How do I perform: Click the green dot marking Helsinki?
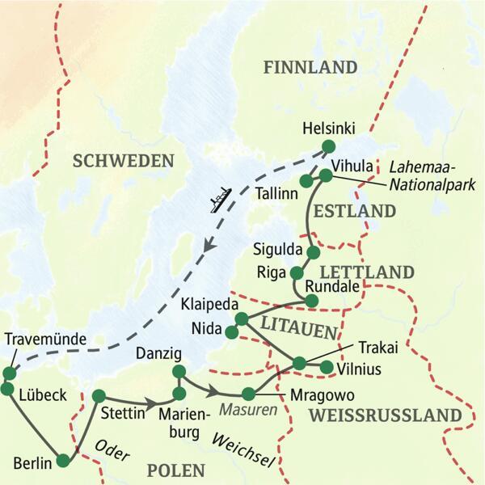[328, 146]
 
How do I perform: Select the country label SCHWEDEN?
[123, 161]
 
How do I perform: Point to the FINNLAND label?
[310, 68]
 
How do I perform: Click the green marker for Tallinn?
[306, 180]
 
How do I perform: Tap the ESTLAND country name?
[355, 212]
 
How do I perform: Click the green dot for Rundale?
[312, 301]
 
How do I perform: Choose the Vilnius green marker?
[327, 369]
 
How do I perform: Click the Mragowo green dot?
[248, 394]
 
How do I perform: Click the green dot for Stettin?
[99, 396]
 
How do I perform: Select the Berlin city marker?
[63, 462]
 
